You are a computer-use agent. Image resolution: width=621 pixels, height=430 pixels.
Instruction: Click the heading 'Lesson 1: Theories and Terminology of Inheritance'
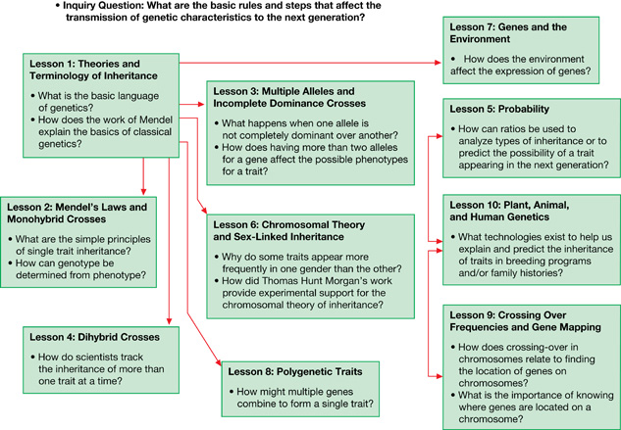93,70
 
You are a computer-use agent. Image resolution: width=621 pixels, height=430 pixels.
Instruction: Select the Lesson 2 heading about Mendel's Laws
77,213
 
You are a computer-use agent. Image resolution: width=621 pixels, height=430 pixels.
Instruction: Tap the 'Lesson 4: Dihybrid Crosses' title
94,337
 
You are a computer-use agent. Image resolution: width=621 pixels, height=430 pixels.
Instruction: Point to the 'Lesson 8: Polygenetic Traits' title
295,372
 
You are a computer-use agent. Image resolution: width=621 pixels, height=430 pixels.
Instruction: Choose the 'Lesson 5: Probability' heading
499,109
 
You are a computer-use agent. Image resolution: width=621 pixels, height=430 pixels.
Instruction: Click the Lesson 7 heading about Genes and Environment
508,33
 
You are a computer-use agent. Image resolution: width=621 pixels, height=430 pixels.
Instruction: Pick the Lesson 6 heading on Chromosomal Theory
289,230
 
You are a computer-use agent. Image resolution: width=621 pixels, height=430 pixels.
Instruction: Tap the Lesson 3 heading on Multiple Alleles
289,97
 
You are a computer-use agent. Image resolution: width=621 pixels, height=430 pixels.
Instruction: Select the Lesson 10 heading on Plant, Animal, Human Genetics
509,211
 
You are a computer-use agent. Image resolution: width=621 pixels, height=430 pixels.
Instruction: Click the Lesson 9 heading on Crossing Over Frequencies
525,321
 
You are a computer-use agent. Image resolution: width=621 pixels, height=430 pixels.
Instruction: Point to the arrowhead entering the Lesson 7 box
438,63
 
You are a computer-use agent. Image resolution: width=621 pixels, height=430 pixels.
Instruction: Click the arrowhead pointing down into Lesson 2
143,192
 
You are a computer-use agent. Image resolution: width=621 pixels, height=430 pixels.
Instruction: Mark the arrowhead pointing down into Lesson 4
169,321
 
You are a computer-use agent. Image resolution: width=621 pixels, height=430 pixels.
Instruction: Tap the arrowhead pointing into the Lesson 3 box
201,105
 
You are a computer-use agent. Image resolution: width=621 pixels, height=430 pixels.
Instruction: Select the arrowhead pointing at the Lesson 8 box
218,362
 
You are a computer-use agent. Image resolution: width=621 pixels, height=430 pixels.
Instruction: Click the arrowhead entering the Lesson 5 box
439,136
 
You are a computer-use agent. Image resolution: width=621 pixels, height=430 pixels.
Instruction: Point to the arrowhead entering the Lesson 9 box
439,376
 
